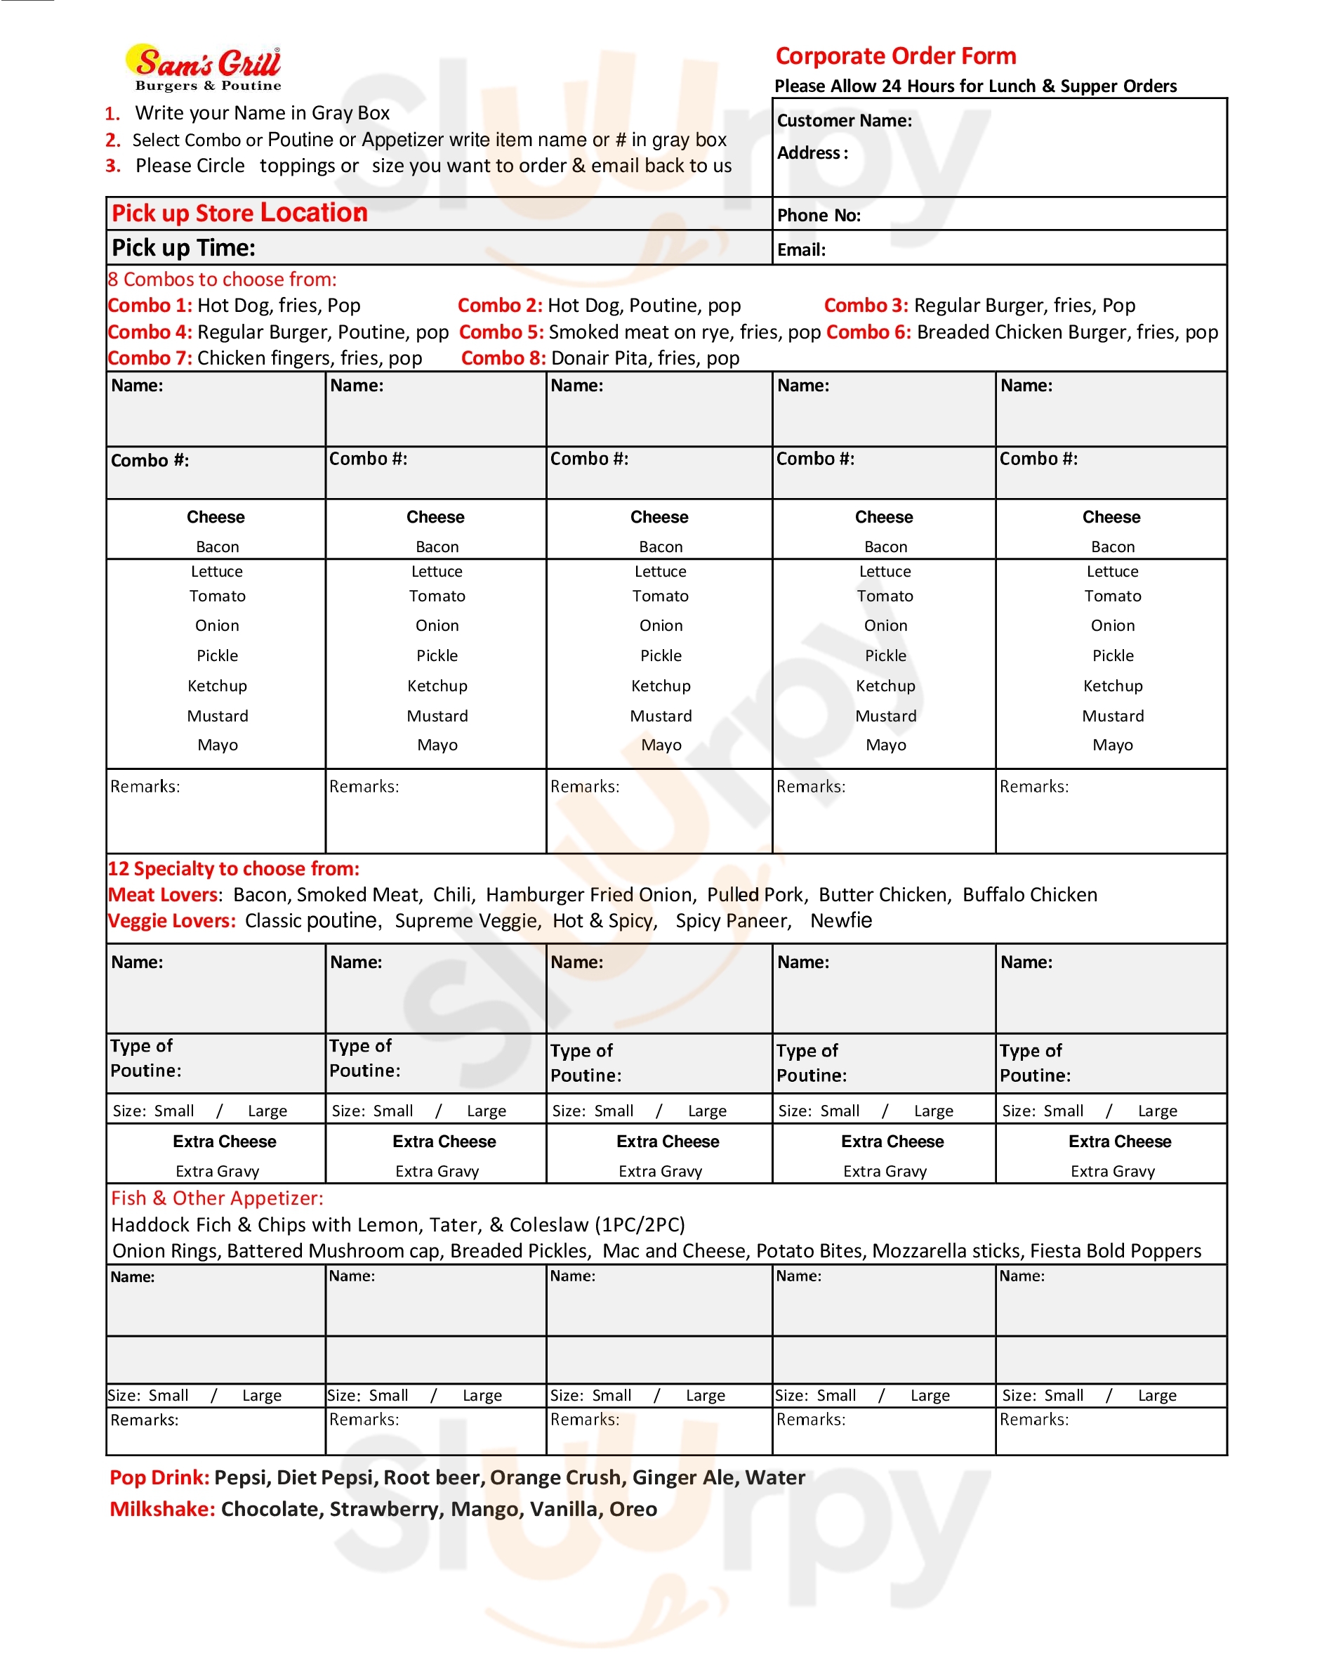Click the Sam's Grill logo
point(205,68)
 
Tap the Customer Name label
point(844,121)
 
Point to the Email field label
point(801,249)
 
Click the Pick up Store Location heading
point(239,213)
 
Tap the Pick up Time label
point(183,248)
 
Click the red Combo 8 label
point(503,358)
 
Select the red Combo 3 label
point(866,305)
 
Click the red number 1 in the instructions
point(113,114)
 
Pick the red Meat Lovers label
point(164,894)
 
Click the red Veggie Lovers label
point(171,921)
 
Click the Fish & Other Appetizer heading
point(217,1198)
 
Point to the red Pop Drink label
point(159,1477)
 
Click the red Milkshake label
point(161,1509)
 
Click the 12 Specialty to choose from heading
point(233,869)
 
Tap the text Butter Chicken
point(883,894)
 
